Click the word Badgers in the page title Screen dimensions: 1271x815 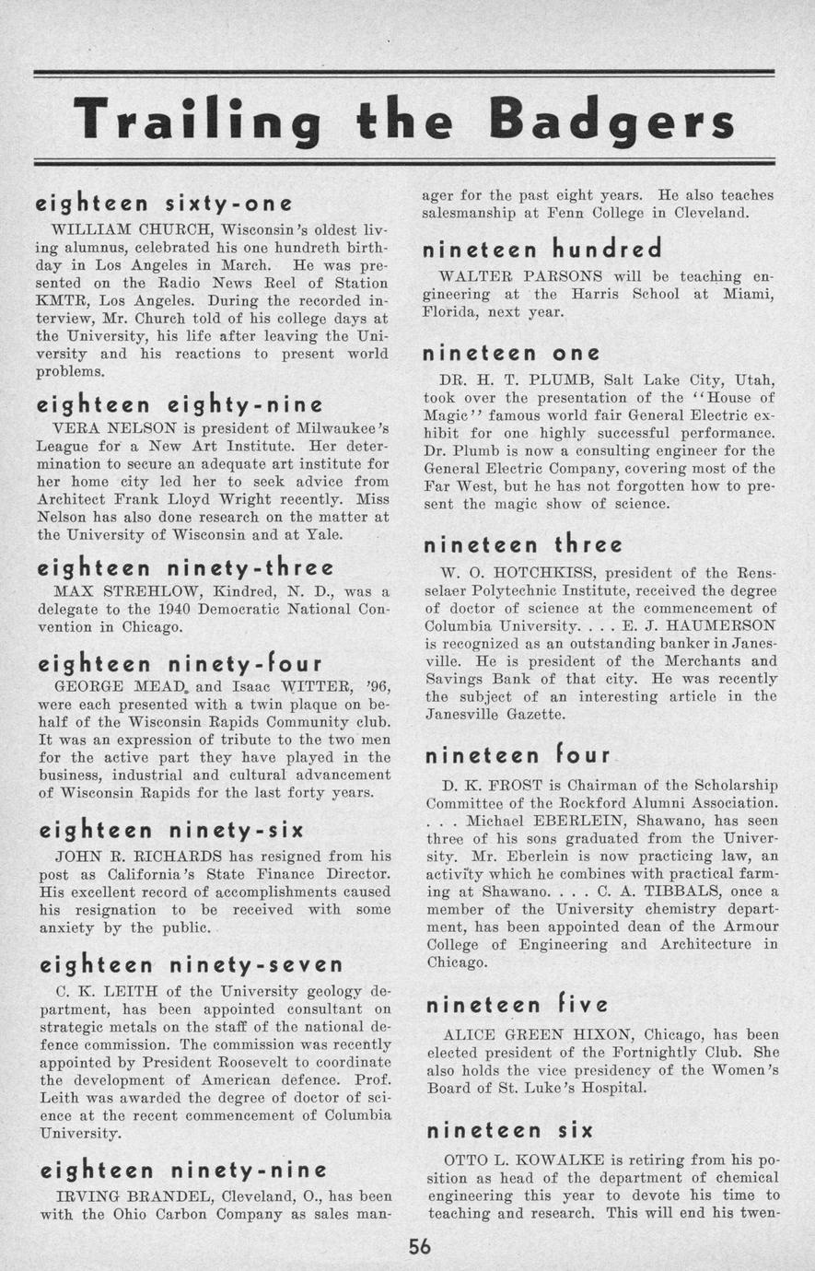611,121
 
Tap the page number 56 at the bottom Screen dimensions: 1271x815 420,1247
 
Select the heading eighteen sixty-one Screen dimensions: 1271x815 164,203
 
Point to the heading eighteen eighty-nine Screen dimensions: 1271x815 180,404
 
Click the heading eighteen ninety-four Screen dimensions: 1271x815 180,663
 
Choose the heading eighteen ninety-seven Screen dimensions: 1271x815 191,965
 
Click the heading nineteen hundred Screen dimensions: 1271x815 541,250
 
